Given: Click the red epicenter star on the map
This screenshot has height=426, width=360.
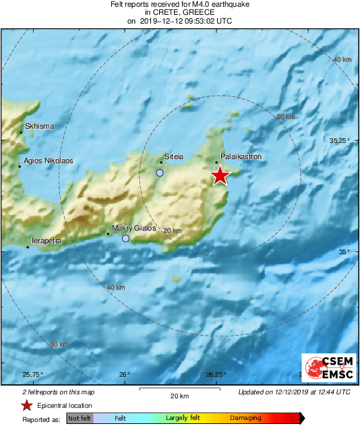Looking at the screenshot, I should pos(220,176).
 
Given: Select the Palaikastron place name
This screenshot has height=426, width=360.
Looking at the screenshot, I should pos(241,156).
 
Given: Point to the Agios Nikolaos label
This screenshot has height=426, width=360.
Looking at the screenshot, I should pos(48,161).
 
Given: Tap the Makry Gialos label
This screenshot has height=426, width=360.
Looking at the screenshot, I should pos(133,228).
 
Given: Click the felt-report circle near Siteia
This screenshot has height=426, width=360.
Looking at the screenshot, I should pos(160,173).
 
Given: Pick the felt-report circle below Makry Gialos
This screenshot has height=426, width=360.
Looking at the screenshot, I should pos(125,239).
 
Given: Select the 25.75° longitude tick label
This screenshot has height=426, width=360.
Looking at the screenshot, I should pos(33,375).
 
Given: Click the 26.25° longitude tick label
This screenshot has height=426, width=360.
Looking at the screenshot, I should pos(216,375).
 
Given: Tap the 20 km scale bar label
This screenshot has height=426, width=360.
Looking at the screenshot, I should pos(179,395).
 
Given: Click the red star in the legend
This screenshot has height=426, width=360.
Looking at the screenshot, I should pos(26,405).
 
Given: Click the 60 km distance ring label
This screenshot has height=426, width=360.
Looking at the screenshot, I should pos(59,344).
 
